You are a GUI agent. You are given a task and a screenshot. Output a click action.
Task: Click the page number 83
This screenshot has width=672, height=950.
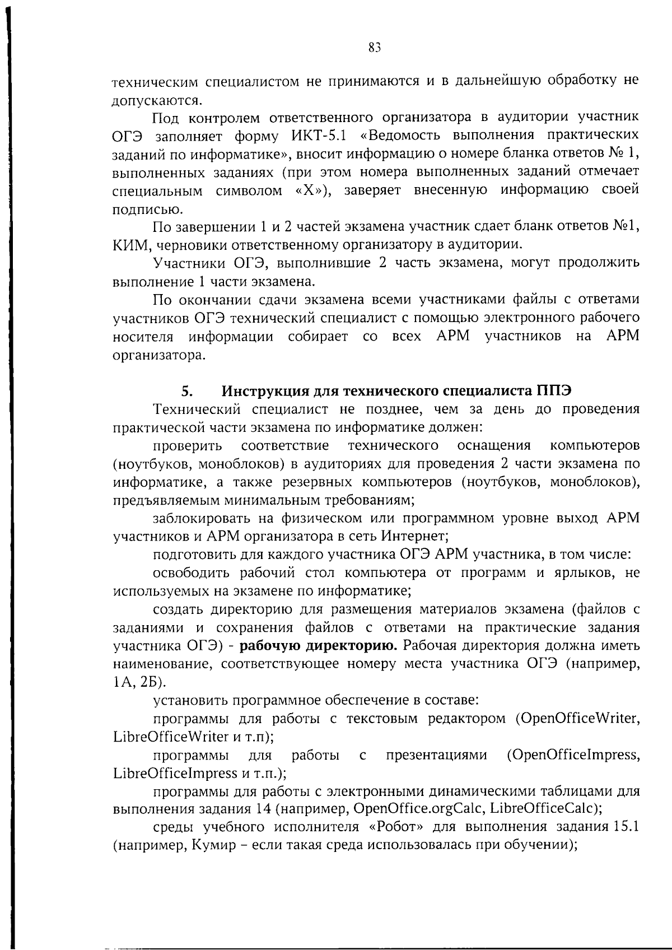coord(375,48)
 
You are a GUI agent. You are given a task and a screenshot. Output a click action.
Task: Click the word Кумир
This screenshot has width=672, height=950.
coord(213,846)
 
